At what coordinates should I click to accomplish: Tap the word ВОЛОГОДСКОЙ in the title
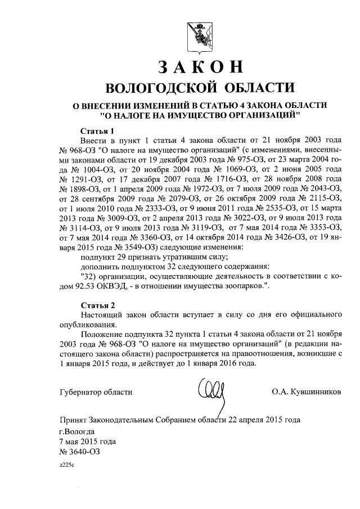click(x=159, y=88)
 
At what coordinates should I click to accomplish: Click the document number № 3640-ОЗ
click(x=81, y=451)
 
